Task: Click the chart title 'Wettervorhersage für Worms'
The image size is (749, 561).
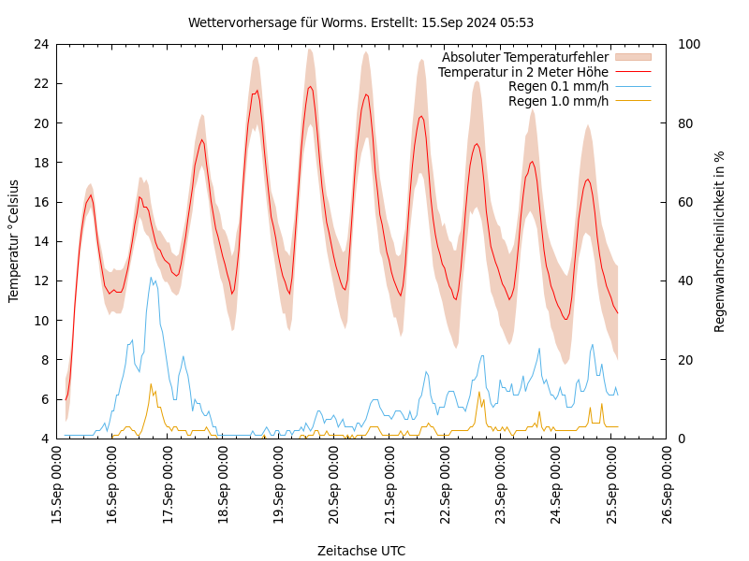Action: tap(360, 22)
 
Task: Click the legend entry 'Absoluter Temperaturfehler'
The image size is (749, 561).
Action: tap(524, 57)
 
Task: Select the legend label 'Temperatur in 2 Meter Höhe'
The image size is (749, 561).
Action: tap(522, 72)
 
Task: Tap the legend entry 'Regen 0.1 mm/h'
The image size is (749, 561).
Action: tap(558, 86)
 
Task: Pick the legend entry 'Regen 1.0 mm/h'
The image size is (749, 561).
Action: tap(558, 101)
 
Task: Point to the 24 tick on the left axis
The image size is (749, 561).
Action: tap(40, 44)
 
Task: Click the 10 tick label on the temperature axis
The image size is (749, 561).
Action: tap(40, 320)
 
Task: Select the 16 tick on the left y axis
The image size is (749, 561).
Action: tap(40, 202)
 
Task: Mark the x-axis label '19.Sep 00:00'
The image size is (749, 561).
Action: tap(279, 486)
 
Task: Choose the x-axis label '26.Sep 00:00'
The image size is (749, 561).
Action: tap(667, 486)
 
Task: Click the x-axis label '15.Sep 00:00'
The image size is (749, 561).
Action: tap(57, 486)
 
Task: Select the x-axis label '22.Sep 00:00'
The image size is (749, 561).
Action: tap(446, 486)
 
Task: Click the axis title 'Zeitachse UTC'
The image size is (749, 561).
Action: tap(361, 551)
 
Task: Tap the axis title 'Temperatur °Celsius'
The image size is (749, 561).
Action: tap(14, 240)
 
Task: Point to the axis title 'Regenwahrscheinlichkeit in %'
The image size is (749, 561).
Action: tap(720, 240)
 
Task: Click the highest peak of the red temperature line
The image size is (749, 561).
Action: tap(310, 86)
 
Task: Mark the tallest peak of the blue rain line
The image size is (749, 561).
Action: tap(151, 277)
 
